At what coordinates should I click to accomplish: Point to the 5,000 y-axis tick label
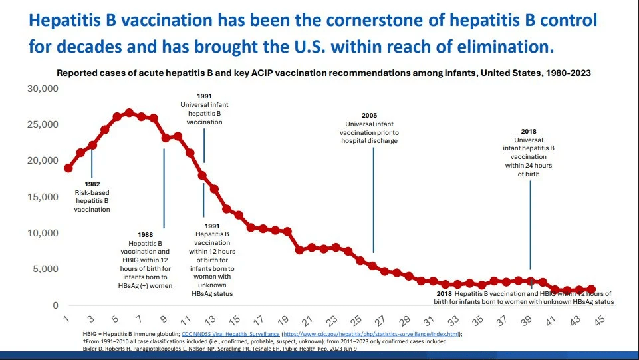pos(45,269)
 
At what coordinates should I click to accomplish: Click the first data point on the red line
pos(68,168)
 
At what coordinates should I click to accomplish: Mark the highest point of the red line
pos(129,113)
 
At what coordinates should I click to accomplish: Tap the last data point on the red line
pos(591,289)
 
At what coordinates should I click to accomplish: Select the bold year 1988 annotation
pos(144,235)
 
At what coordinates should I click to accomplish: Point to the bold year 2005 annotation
pos(372,115)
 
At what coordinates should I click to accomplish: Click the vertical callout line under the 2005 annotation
pos(373,200)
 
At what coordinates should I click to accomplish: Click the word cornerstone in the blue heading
pos(343,20)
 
